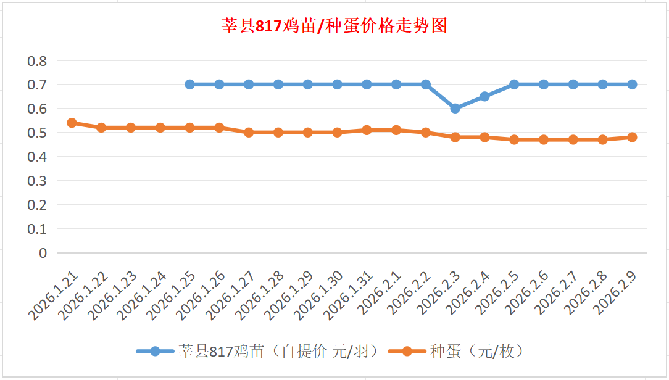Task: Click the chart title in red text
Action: tap(334, 26)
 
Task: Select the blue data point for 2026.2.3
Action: tap(455, 109)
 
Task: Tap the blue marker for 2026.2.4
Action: tap(485, 96)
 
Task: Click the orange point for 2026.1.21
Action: tap(72, 123)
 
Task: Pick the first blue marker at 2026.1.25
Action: tap(190, 85)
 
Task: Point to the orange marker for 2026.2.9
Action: tap(632, 138)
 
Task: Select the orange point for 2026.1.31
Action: tap(367, 130)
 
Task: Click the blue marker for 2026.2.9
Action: tap(632, 85)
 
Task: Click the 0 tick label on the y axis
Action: tap(43, 253)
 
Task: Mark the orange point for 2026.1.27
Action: tap(249, 133)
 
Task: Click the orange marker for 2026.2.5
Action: tap(514, 140)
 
